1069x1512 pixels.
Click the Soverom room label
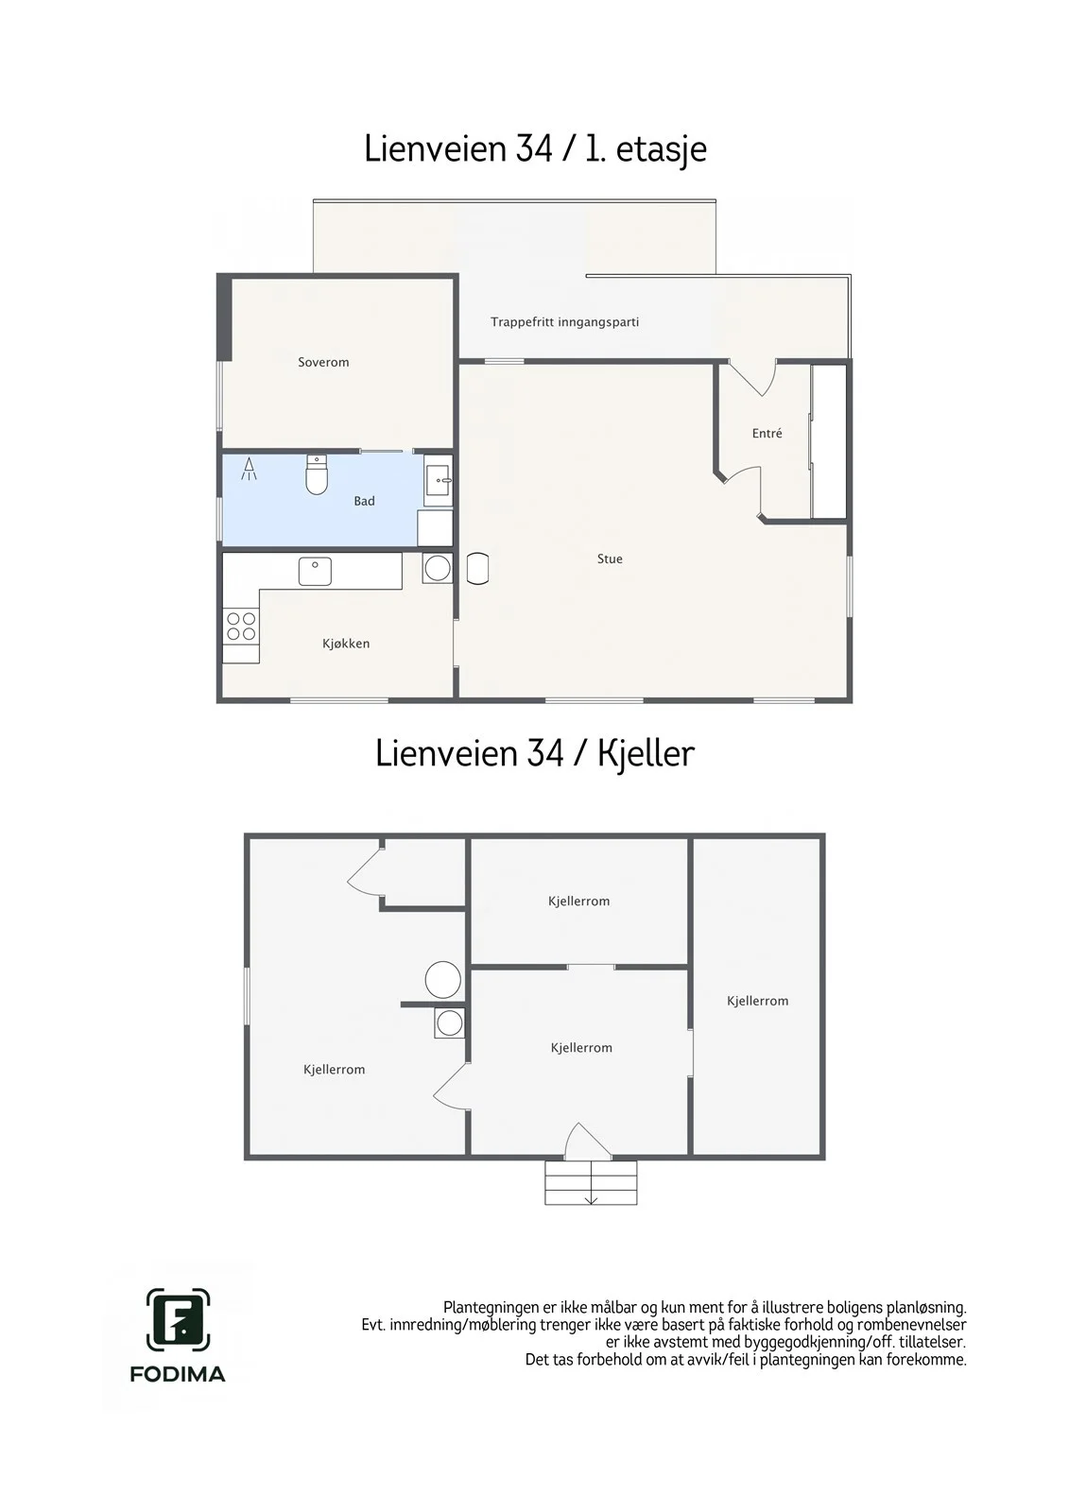(323, 363)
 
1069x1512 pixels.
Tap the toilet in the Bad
(317, 474)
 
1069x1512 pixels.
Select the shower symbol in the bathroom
(250, 469)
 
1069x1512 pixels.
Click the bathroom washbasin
(439, 481)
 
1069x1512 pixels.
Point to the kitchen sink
(316, 572)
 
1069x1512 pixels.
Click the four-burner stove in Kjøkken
(241, 626)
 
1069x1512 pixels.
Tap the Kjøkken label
(346, 644)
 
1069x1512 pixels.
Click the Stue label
(610, 558)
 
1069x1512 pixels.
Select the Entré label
(767, 434)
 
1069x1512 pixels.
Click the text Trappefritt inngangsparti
(564, 322)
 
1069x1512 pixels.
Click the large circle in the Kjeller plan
(443, 979)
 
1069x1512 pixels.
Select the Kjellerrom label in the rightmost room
(758, 1001)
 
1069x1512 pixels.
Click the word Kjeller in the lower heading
(646, 753)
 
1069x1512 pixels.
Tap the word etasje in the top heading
(661, 149)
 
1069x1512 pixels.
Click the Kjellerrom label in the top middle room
(578, 902)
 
